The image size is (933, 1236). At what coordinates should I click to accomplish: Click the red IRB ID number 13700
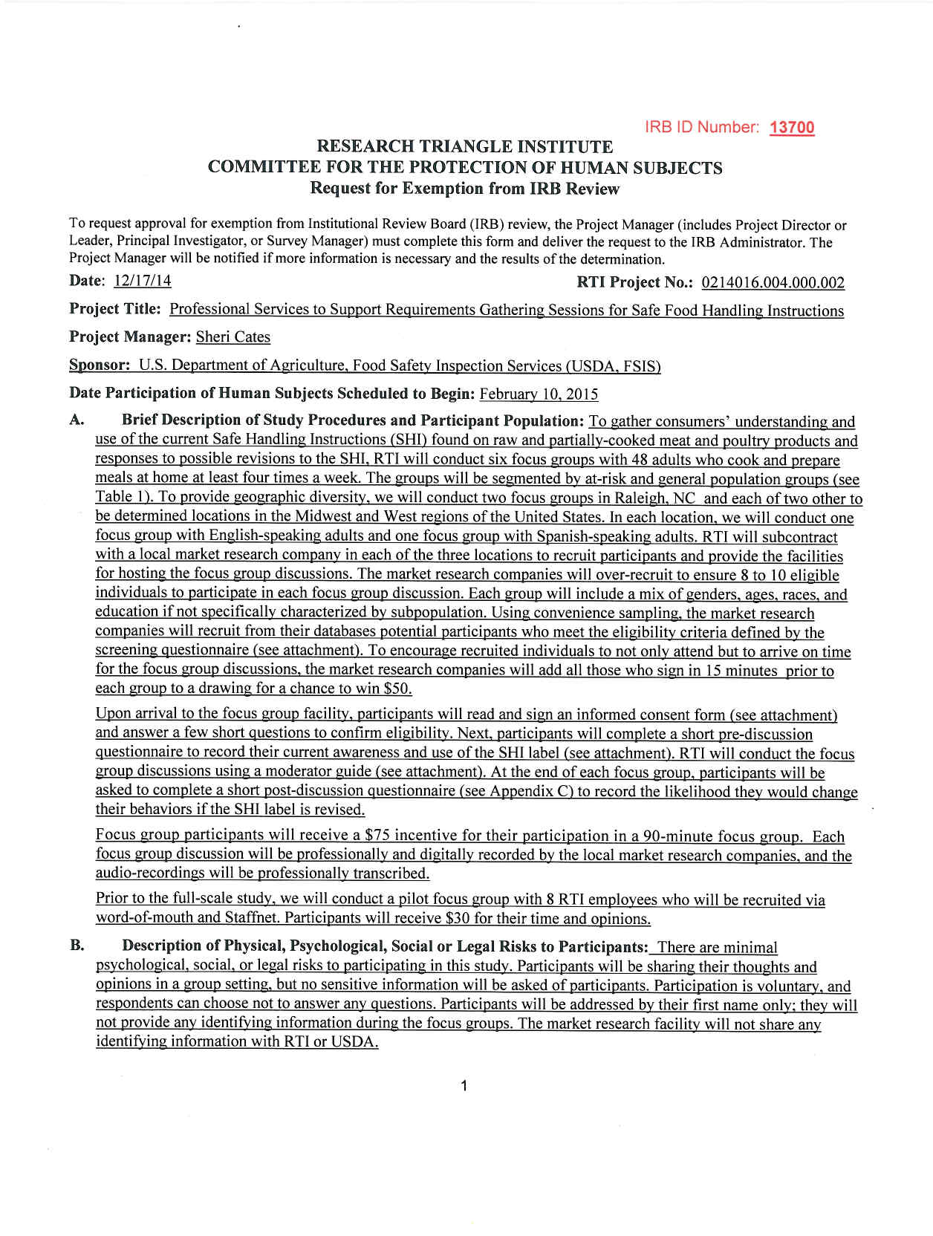pyautogui.click(x=792, y=128)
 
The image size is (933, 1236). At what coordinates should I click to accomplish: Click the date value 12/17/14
pyautogui.click(x=143, y=281)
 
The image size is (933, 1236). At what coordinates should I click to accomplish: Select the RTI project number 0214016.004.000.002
pyautogui.click(x=773, y=283)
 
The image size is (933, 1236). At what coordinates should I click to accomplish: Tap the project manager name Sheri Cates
pyautogui.click(x=233, y=337)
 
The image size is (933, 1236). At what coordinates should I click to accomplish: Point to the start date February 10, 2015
pyautogui.click(x=539, y=394)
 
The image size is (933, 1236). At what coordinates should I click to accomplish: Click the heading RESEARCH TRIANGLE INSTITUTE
pyautogui.click(x=465, y=147)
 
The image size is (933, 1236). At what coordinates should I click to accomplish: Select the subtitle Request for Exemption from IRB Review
pyautogui.click(x=465, y=189)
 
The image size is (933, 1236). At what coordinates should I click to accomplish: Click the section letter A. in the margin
pyautogui.click(x=77, y=420)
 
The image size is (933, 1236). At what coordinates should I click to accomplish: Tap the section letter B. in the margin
pyautogui.click(x=77, y=946)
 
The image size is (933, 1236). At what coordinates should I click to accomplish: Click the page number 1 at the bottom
pyautogui.click(x=464, y=1086)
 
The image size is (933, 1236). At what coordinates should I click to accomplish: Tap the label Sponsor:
pyautogui.click(x=100, y=365)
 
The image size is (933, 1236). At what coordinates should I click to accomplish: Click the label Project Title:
pyautogui.click(x=114, y=309)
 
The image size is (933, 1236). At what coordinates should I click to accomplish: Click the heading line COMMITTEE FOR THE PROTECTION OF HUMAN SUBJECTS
pyautogui.click(x=465, y=168)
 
